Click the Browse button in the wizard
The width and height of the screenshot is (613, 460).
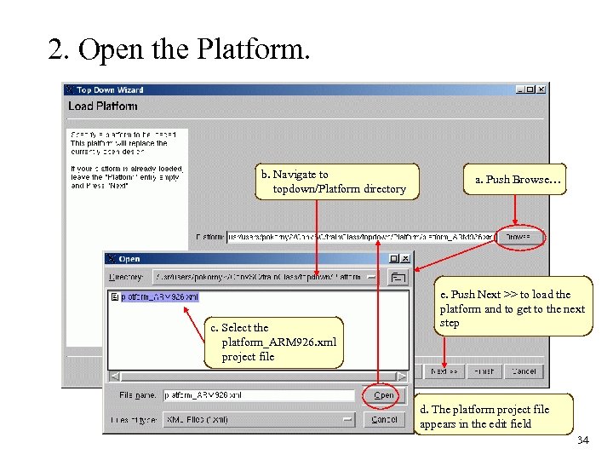coord(518,237)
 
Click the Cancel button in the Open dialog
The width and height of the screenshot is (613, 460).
coord(384,419)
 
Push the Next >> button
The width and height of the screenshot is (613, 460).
coord(444,371)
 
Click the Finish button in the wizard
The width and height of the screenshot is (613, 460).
coord(484,371)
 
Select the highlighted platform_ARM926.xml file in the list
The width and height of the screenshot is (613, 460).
coord(159,297)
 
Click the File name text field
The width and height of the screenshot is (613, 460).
coord(258,395)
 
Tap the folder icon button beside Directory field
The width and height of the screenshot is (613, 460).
coord(398,277)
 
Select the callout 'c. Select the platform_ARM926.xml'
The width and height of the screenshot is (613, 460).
coord(273,342)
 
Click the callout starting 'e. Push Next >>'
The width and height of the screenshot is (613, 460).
coord(513,308)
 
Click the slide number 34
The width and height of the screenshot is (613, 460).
coord(582,440)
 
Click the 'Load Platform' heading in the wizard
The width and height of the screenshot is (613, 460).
coord(103,106)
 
